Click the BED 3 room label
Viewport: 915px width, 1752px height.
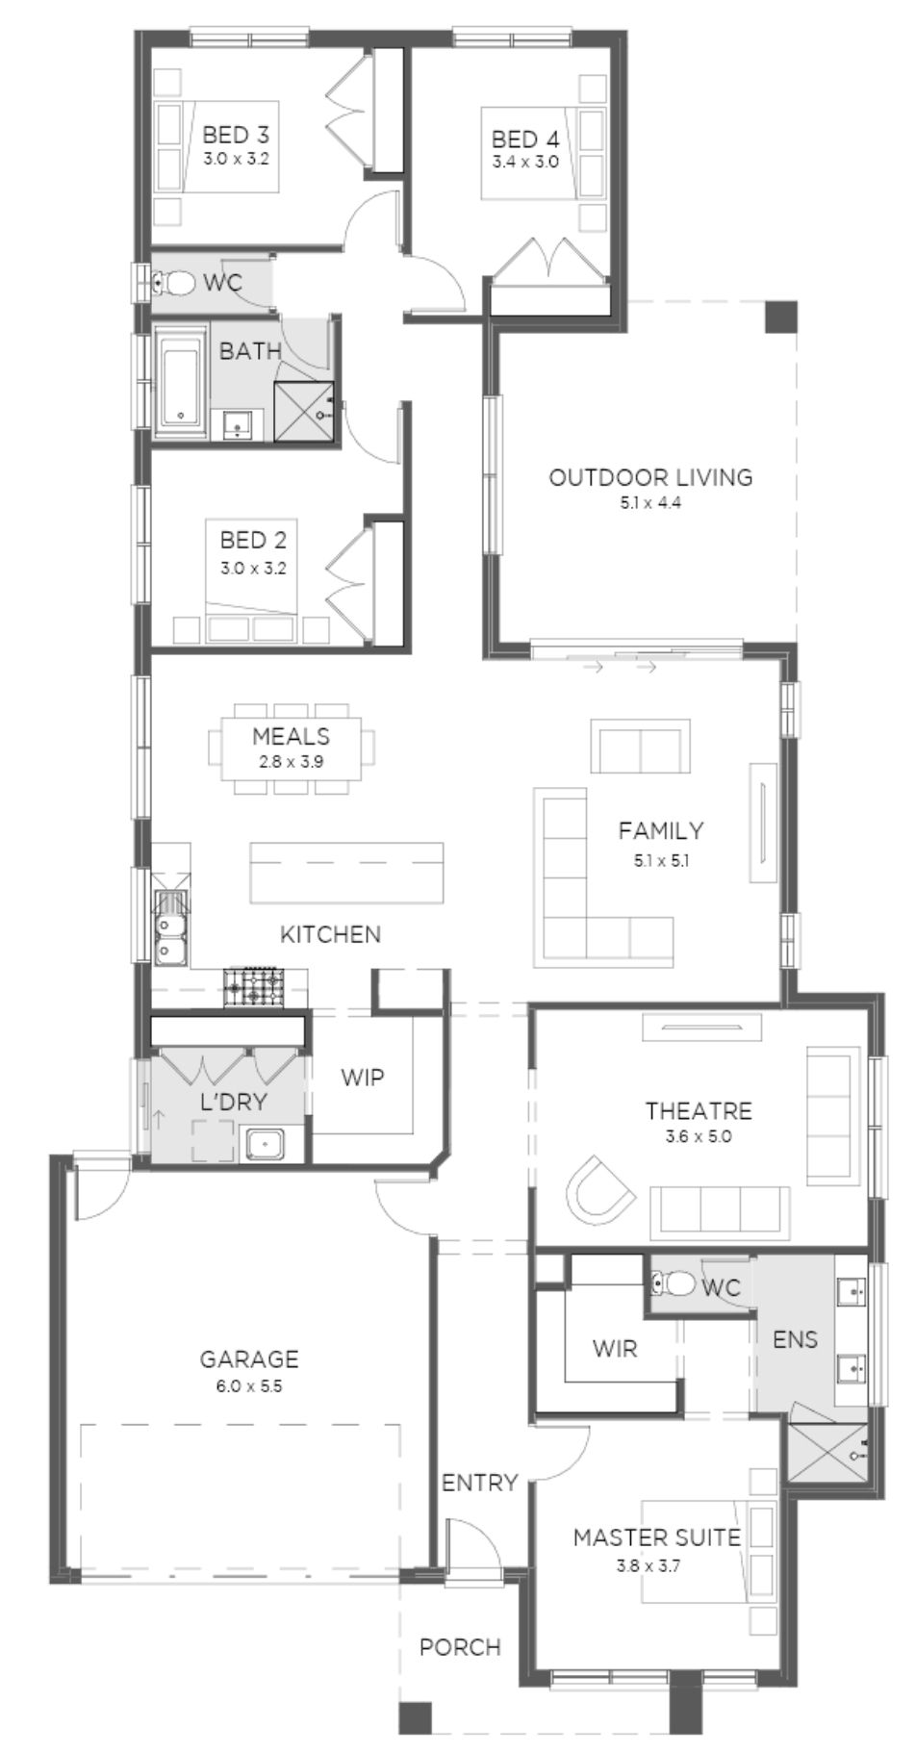236,136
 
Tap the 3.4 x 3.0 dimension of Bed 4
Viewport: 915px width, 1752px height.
525,163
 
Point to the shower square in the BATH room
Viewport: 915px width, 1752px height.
303,412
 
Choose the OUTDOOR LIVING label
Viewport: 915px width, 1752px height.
650,477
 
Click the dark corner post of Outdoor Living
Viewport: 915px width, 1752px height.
781,317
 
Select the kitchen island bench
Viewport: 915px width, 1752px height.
346,873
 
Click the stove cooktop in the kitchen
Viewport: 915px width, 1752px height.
254,987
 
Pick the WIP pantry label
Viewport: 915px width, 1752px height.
363,1078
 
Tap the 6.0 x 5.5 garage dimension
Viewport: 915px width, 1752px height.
249,1387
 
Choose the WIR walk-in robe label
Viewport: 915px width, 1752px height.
615,1349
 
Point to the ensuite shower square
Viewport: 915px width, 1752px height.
827,1453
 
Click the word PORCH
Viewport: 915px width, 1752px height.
460,1647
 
